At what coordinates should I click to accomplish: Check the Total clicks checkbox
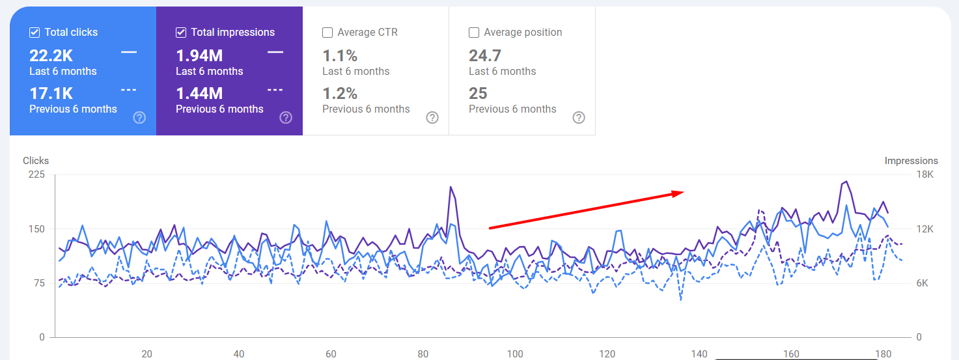point(35,33)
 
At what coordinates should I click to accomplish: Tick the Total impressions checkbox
point(181,33)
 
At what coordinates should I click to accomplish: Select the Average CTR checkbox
point(327,33)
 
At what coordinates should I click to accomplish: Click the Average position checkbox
point(474,33)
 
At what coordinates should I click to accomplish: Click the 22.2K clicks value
point(51,56)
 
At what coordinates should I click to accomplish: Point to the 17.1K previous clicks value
point(51,94)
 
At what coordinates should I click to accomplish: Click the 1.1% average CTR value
point(340,56)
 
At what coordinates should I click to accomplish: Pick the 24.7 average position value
point(485,56)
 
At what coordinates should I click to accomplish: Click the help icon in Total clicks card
point(139,118)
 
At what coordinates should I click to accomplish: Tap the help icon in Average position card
point(579,118)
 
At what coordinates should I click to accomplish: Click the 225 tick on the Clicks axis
point(36,174)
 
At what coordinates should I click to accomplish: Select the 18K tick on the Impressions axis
point(924,174)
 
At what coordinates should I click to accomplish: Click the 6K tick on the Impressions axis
point(924,283)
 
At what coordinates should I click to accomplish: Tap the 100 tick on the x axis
point(515,354)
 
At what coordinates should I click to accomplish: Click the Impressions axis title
point(911,161)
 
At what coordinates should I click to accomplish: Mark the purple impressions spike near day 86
point(450,187)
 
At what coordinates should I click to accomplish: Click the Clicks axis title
point(36,161)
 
